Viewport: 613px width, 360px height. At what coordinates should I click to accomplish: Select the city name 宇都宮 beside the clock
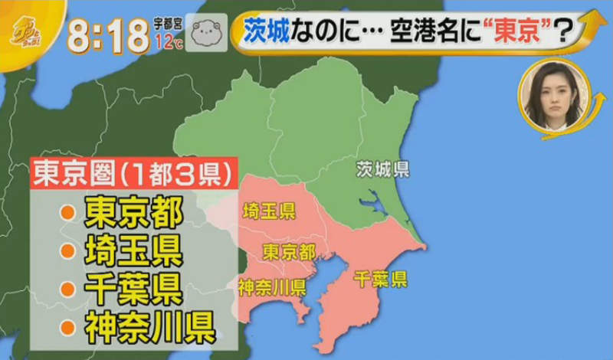(169, 25)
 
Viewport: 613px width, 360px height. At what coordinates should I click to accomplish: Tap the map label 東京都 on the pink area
(289, 251)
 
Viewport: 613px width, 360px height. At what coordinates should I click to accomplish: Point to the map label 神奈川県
(272, 288)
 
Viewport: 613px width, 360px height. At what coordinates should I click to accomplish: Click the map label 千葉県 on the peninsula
(380, 279)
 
